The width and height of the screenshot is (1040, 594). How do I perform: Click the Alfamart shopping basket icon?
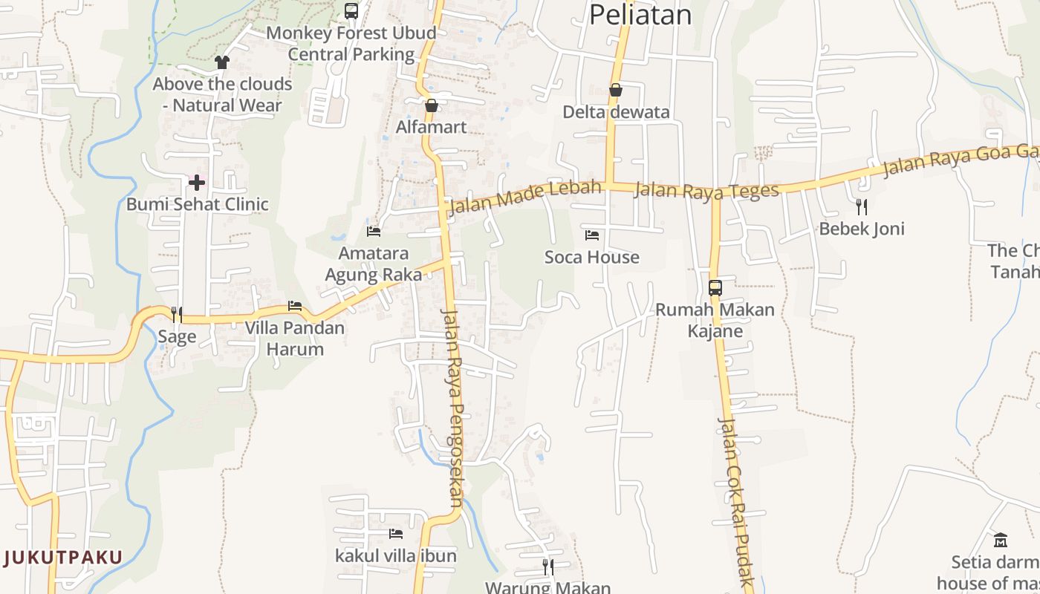click(431, 105)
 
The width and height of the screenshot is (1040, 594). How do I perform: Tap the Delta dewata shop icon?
click(615, 91)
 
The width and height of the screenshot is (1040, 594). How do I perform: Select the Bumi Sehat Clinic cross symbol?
click(197, 182)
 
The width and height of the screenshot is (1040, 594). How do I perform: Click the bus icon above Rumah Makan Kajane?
click(715, 287)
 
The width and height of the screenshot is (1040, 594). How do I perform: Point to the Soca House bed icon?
click(592, 235)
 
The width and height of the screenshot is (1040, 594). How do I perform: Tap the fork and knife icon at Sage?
click(177, 314)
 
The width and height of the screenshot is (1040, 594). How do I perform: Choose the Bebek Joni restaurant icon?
click(862, 206)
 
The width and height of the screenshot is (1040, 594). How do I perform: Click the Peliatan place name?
click(640, 15)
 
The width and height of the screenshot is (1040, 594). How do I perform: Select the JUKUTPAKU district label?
click(62, 557)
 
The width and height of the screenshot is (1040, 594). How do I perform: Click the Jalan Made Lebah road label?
click(524, 197)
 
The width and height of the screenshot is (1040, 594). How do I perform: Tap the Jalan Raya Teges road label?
click(706, 191)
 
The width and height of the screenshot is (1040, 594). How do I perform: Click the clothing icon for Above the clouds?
click(221, 62)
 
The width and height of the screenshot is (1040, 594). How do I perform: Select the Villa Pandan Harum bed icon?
click(295, 306)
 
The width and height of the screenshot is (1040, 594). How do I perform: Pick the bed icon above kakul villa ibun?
click(396, 533)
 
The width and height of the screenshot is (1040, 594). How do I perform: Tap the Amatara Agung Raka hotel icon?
click(374, 232)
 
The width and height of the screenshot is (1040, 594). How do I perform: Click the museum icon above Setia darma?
click(1000, 539)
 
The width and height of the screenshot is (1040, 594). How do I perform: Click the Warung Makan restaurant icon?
click(547, 567)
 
